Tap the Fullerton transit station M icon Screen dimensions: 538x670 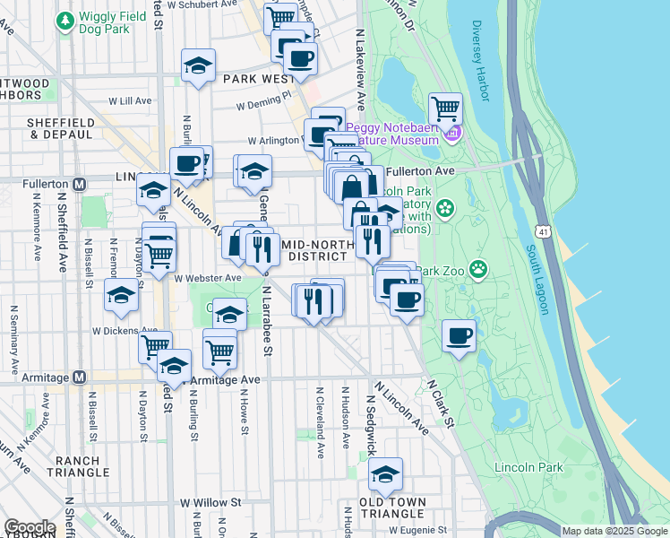(79, 184)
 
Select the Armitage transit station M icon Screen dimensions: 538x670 (79, 377)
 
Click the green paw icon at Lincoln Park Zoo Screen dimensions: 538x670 (480, 267)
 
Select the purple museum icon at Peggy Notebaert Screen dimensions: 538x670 (454, 134)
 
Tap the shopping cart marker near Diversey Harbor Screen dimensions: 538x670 (445, 110)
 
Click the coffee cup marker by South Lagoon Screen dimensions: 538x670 (460, 337)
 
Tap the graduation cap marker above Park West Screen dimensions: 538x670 (198, 66)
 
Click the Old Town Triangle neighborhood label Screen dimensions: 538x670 (391, 508)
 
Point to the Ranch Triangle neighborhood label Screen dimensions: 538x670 (83, 466)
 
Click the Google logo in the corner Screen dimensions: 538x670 (30, 528)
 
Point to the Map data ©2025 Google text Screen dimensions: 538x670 (614, 531)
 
